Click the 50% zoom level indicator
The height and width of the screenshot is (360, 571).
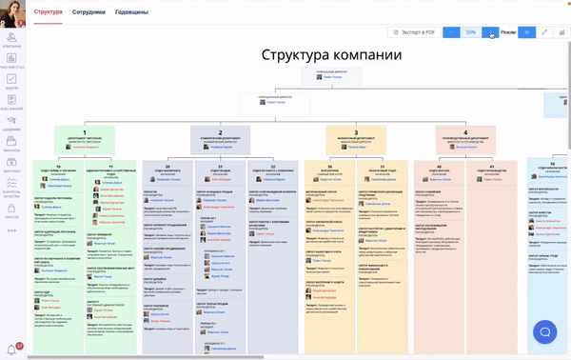coord(470,32)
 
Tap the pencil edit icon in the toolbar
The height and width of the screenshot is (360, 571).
coord(544,32)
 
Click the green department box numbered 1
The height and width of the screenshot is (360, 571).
coord(85,137)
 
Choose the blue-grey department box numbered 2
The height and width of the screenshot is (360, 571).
coord(220,137)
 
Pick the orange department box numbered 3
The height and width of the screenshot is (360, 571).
coord(355,137)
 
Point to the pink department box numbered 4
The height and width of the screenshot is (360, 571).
coord(465,137)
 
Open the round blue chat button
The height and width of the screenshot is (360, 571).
coord(545,331)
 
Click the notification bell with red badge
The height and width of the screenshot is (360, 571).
coord(11,350)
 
